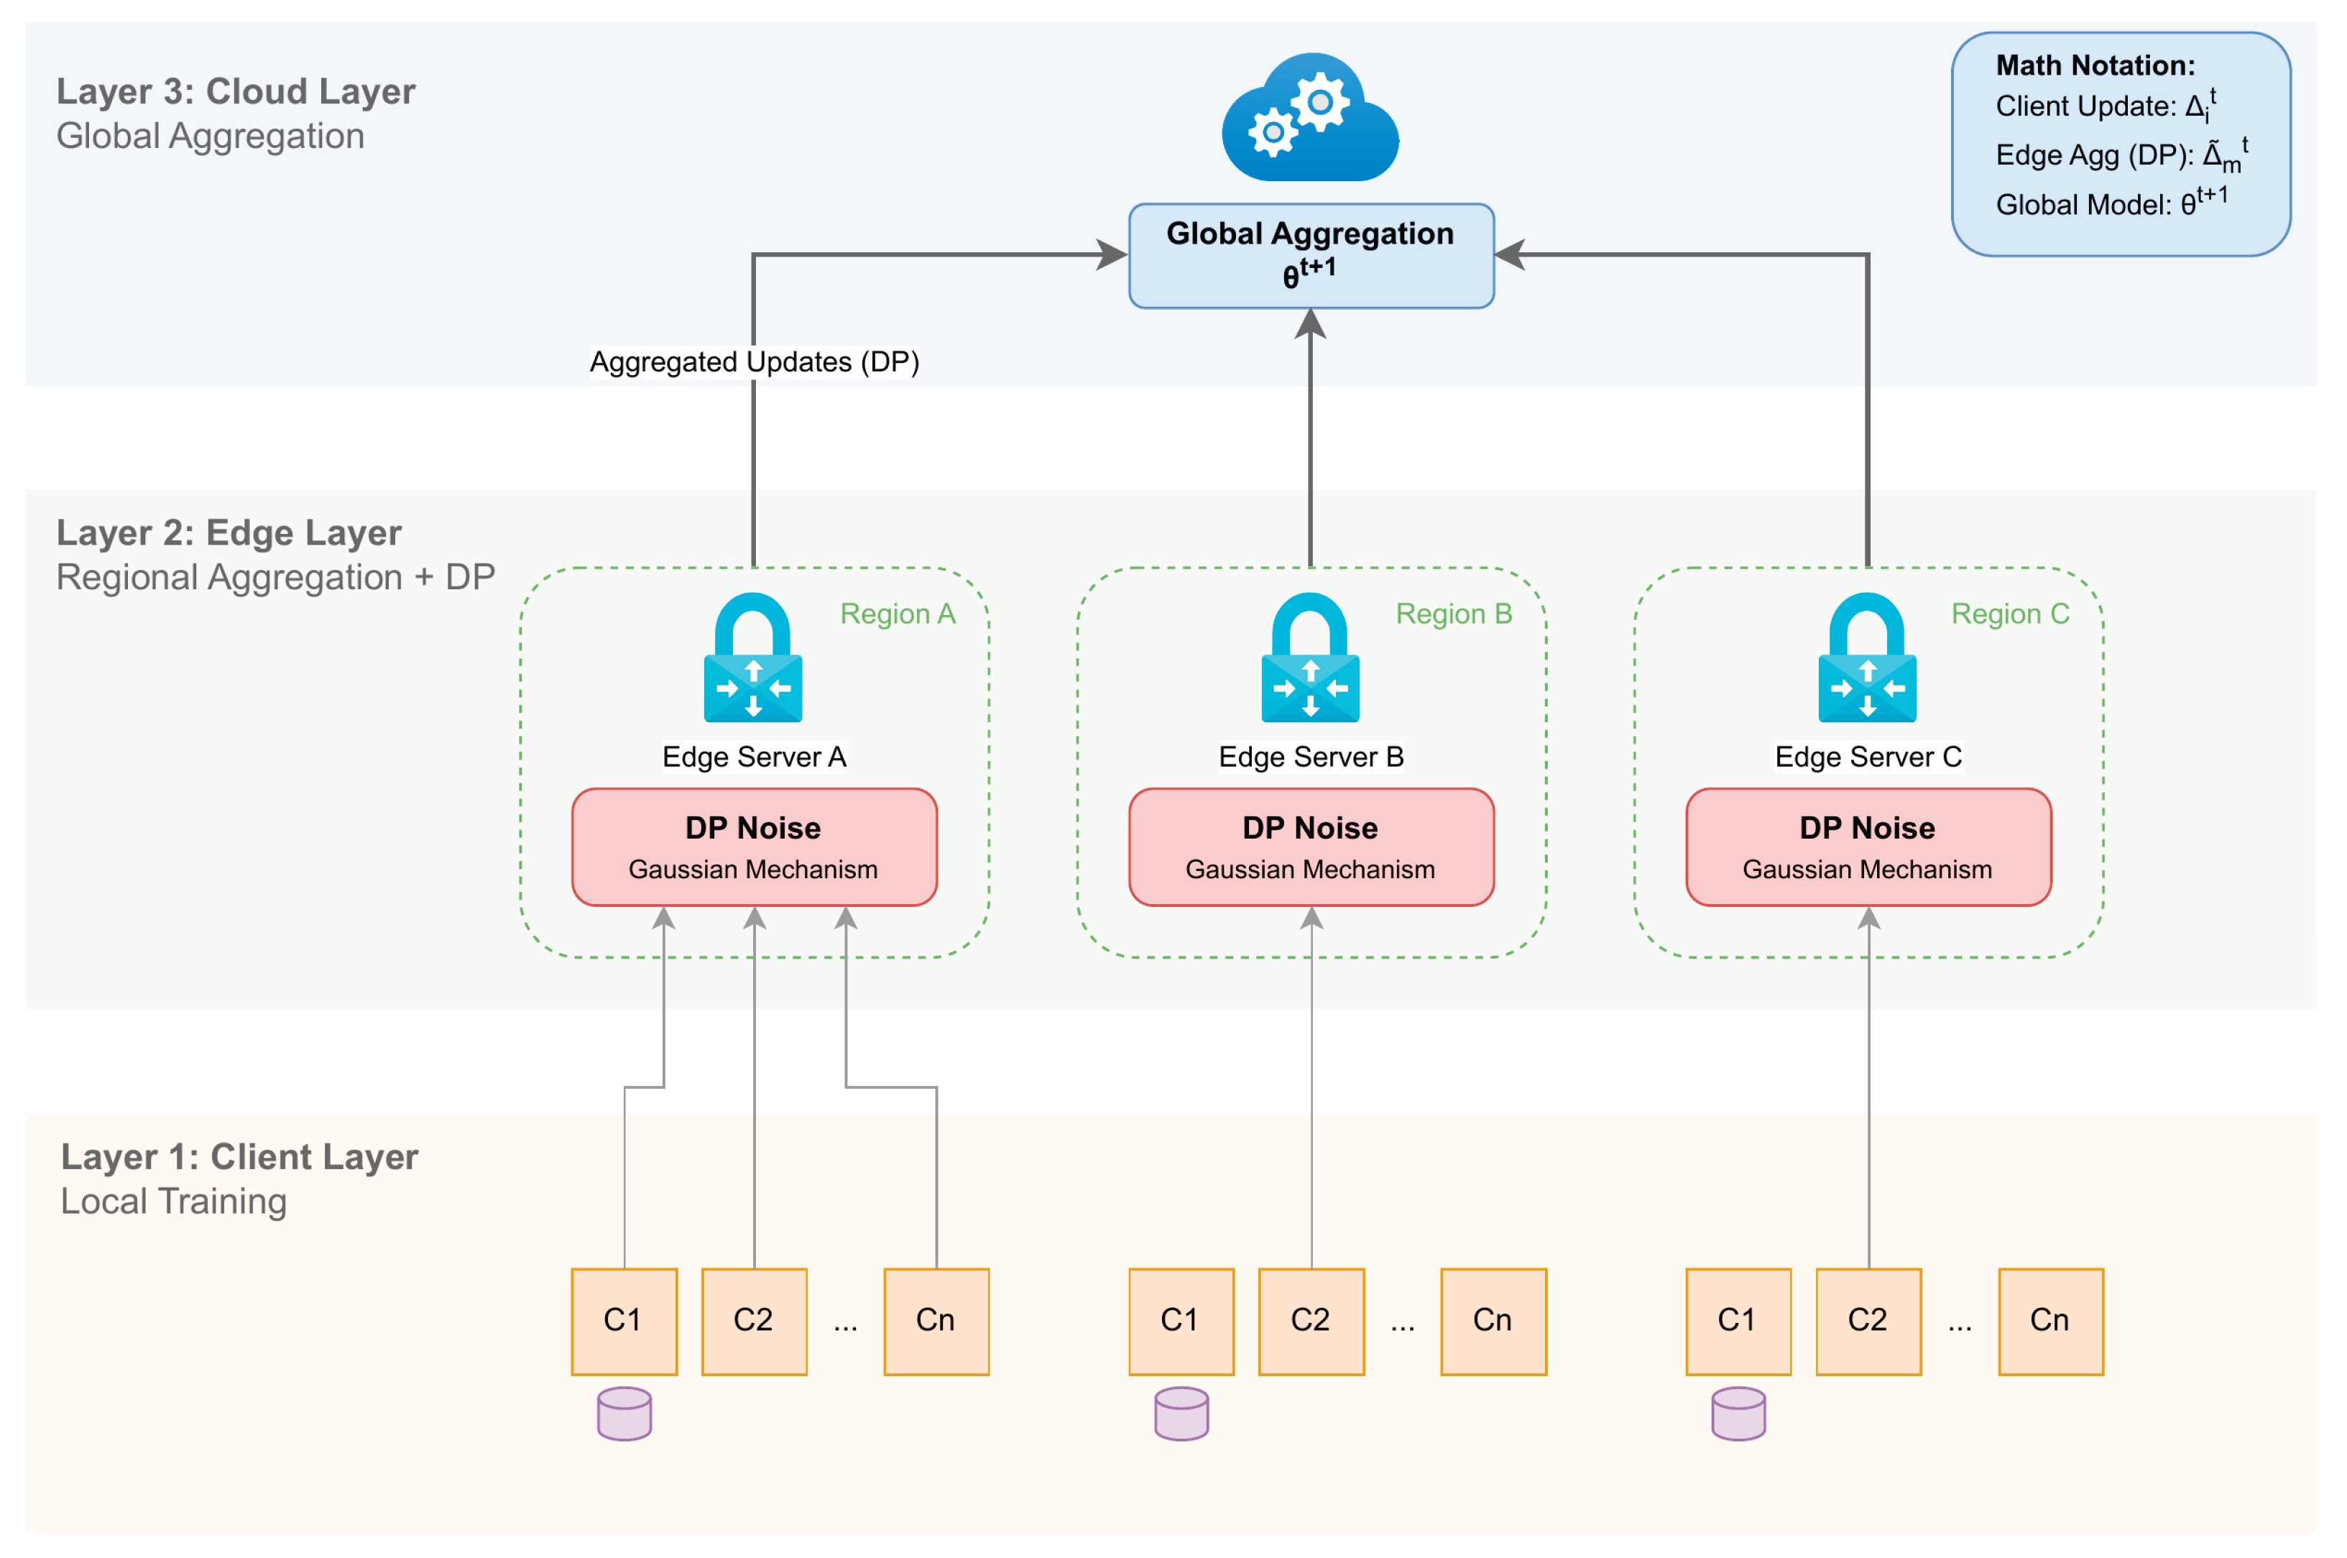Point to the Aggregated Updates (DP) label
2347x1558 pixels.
pos(754,361)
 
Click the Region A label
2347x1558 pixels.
pos(898,614)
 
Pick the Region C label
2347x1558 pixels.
pos(2009,614)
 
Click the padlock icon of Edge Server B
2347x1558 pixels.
pos(1311,657)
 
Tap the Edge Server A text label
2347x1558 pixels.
pos(754,757)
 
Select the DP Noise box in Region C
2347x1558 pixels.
pos(1868,847)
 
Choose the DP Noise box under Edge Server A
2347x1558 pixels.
pos(754,847)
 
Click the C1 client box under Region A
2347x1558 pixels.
pos(624,1321)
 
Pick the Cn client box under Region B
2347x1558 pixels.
pos(1493,1321)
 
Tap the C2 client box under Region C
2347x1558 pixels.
pos(1868,1321)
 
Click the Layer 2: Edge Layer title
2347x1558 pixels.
pos(229,533)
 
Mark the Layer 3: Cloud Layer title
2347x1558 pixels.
pos(236,91)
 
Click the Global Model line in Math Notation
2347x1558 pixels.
pos(2111,203)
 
